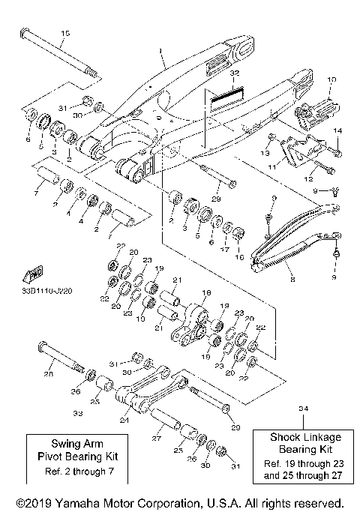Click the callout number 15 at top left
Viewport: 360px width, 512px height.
64,33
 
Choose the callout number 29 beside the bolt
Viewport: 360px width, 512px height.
214,198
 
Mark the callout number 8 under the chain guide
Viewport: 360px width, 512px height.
292,280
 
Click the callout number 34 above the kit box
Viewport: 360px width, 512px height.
303,409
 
